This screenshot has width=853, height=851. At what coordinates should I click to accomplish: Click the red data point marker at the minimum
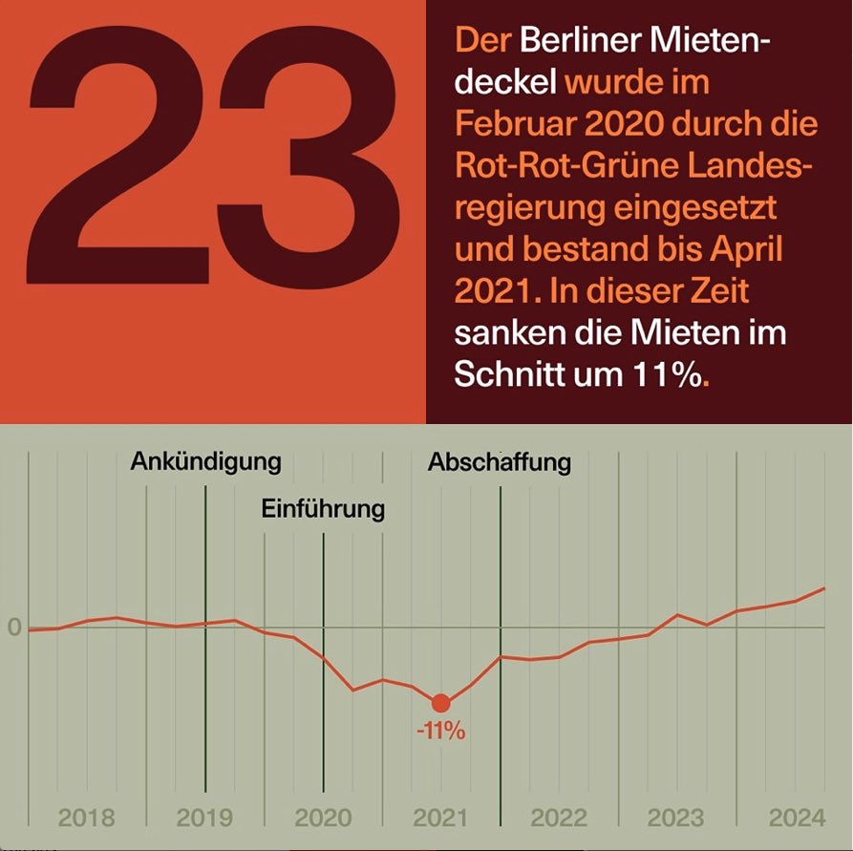click(x=440, y=704)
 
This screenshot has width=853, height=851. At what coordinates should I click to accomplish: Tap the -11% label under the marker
click(x=440, y=734)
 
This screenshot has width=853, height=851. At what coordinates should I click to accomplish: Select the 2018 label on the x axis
click(x=86, y=819)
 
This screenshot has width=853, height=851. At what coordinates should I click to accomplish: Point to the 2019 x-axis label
click(x=204, y=819)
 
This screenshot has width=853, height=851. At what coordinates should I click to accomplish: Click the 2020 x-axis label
click(x=323, y=819)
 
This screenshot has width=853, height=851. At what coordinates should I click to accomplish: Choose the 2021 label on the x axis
click(x=440, y=819)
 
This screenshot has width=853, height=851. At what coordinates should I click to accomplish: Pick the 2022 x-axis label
click(x=559, y=819)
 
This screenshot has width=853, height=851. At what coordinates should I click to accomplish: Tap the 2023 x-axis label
click(x=676, y=819)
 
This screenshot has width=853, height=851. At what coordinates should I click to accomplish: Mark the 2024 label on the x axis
click(x=796, y=819)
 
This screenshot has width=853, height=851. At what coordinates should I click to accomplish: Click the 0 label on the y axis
click(x=14, y=628)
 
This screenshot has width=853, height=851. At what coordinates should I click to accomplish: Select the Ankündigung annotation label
click(x=206, y=461)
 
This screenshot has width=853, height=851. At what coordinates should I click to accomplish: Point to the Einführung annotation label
click(x=323, y=509)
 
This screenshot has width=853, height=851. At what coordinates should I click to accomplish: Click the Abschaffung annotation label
click(x=499, y=462)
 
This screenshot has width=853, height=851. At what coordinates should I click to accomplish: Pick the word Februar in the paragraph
click(x=507, y=124)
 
